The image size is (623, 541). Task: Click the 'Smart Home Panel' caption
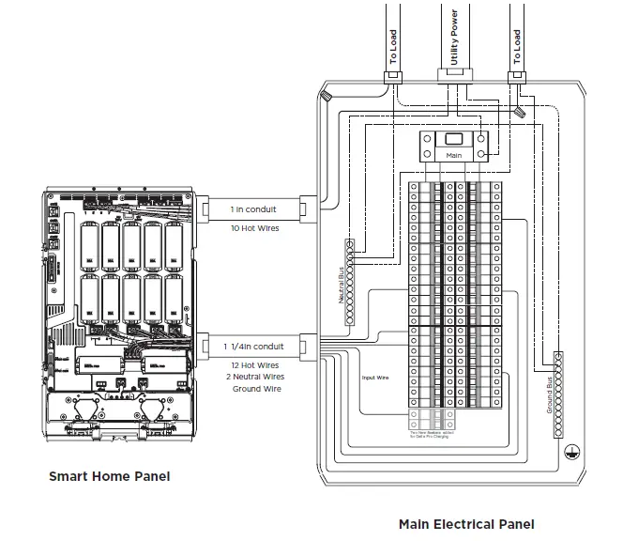pos(110,476)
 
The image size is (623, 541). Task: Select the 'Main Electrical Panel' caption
pos(466,524)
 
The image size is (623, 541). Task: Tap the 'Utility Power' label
pos(454,35)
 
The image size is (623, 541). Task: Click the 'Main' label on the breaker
pos(453,153)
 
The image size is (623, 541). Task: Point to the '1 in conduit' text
pos(253,210)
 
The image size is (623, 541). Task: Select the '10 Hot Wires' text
pos(253,228)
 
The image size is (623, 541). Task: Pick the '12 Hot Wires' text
pos(255,365)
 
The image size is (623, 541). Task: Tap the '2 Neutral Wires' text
pos(255,377)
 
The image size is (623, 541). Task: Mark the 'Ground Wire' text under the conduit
pos(255,388)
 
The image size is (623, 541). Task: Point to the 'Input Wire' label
pos(375,379)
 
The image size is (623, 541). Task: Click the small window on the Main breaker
pos(453,138)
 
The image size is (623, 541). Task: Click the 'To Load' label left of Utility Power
pos(393,47)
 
